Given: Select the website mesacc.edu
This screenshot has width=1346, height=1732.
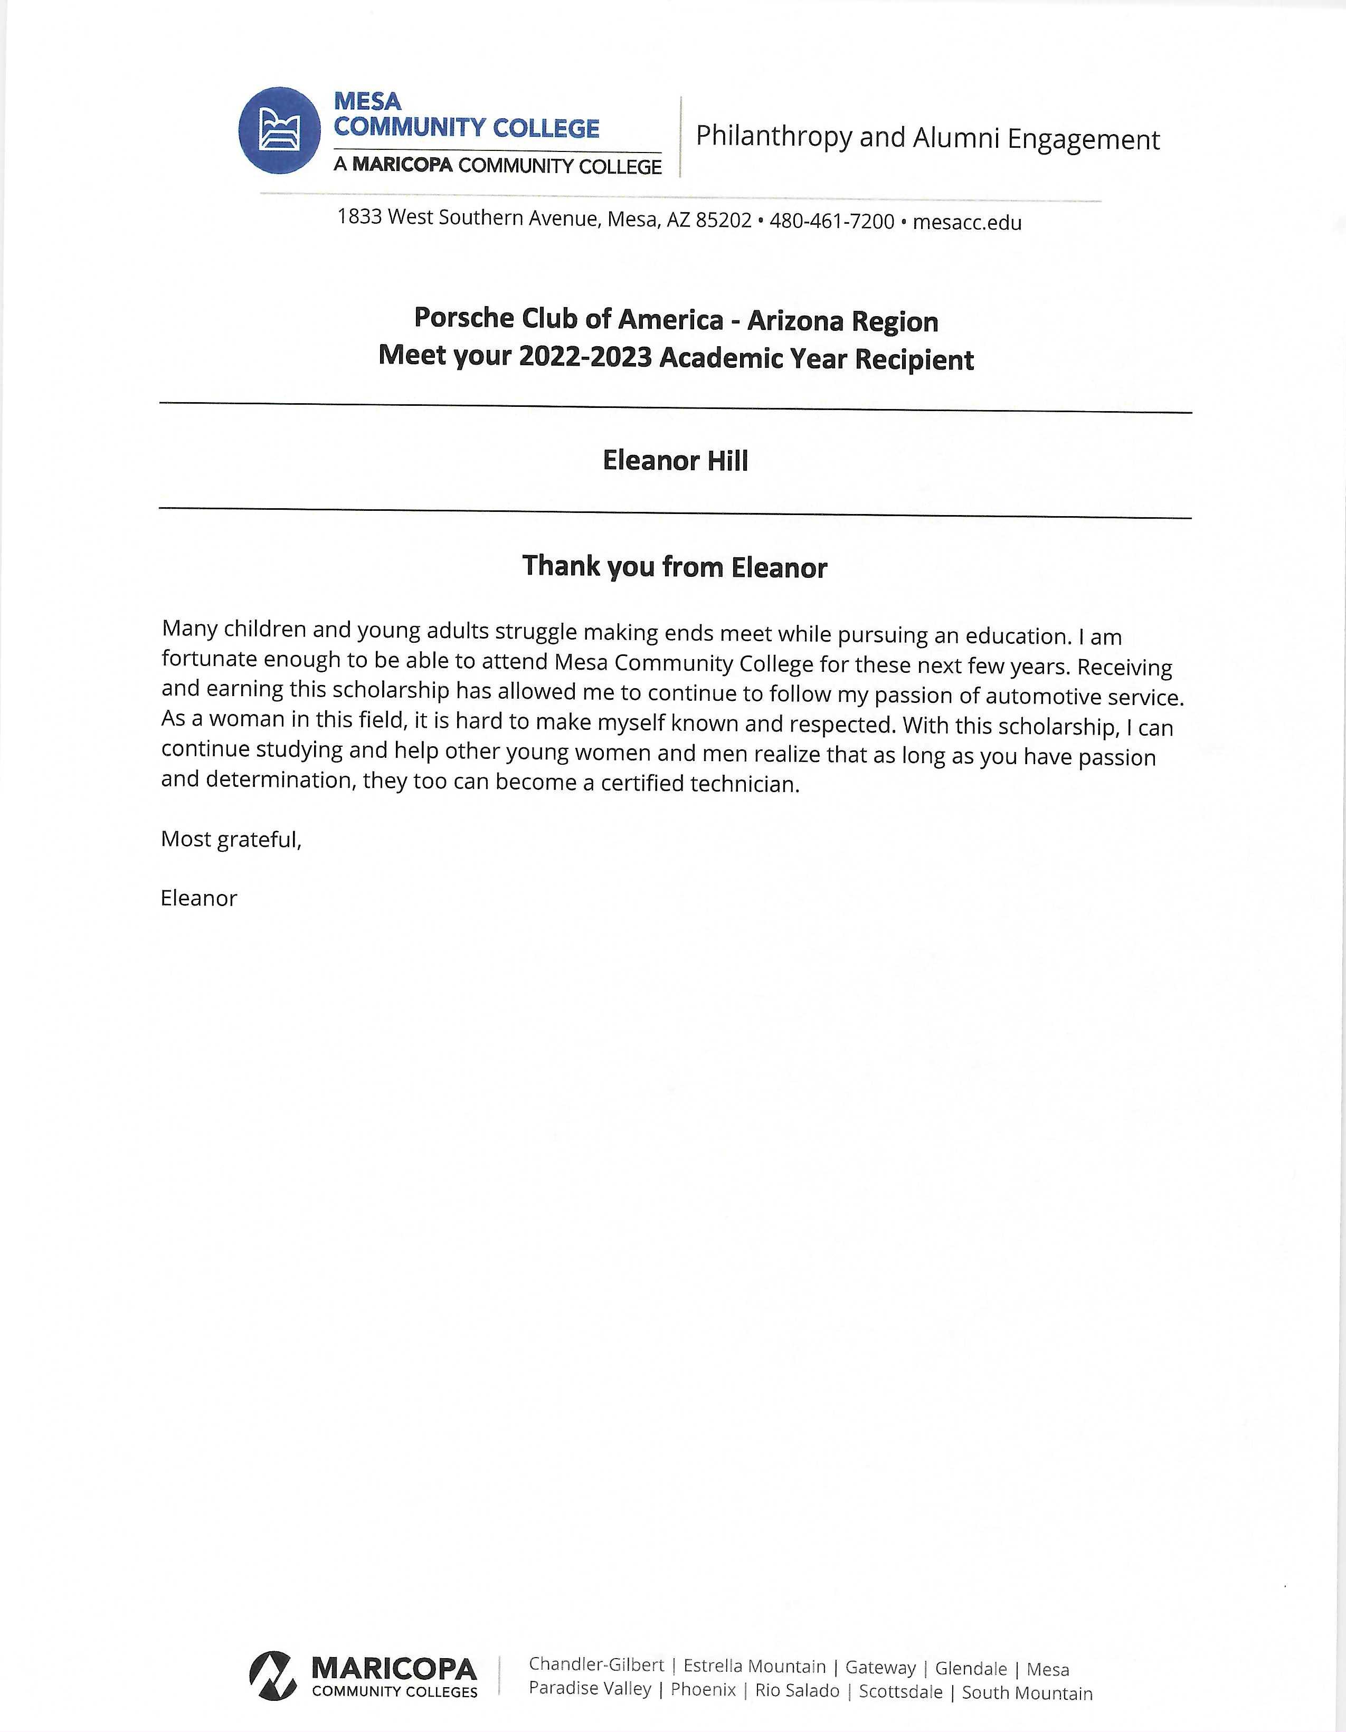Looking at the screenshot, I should (967, 223).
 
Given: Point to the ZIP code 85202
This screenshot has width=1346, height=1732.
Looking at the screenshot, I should (723, 221).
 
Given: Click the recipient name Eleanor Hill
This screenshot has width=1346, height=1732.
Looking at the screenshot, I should (675, 461).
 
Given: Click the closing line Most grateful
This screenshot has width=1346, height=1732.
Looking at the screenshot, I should (231, 839).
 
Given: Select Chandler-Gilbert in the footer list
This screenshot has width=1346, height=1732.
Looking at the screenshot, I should (595, 1664).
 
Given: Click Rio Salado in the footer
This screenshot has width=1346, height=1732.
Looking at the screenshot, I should (797, 1690).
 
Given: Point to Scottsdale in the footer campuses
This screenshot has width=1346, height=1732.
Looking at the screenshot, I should (901, 1691).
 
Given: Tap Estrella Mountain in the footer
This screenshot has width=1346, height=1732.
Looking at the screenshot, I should (754, 1666).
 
